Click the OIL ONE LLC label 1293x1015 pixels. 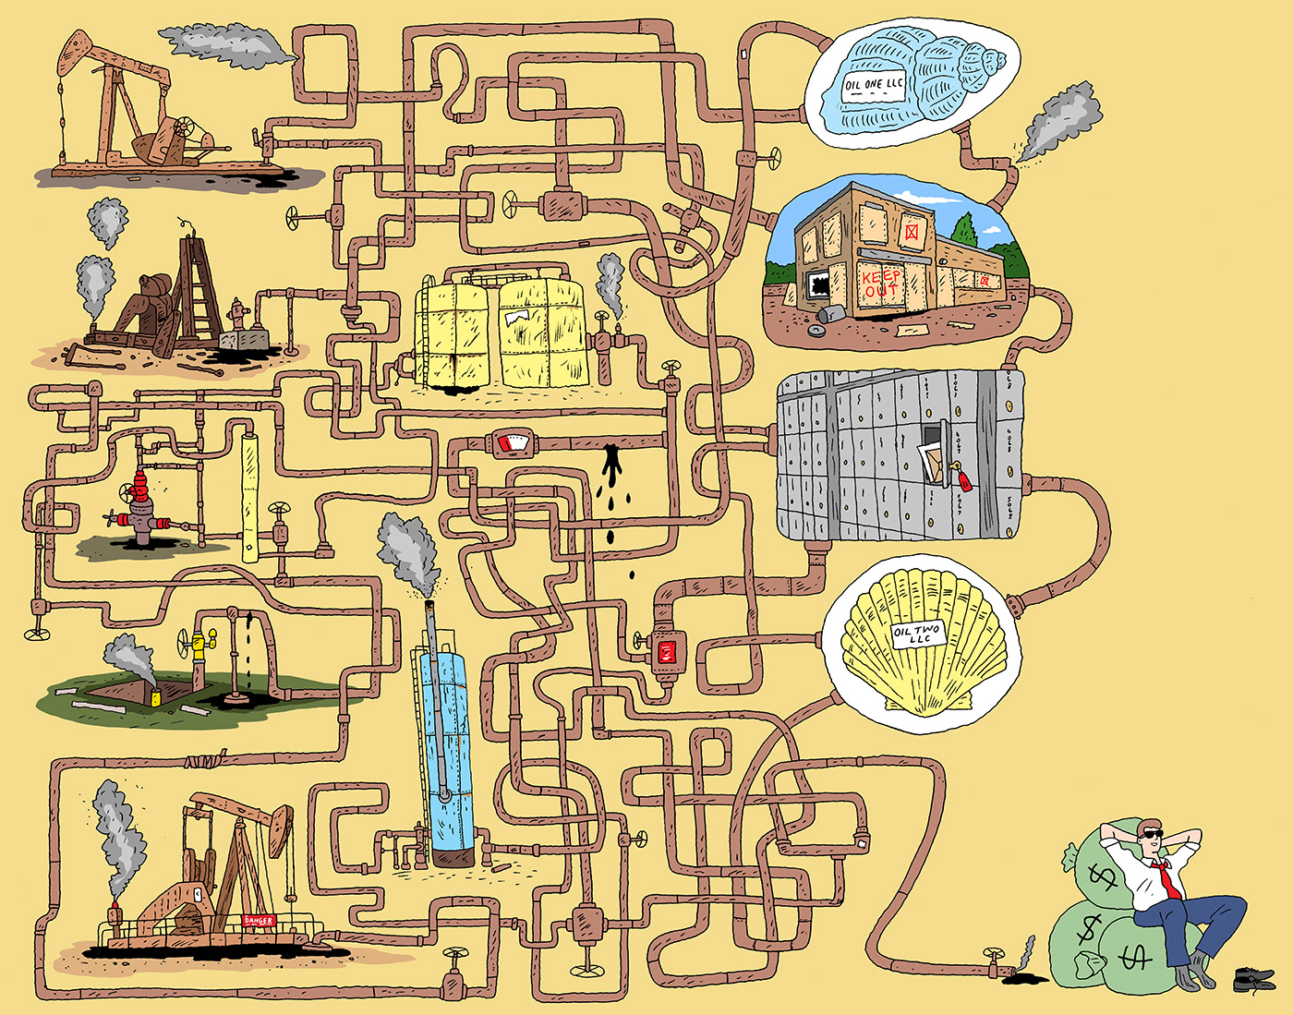click(874, 87)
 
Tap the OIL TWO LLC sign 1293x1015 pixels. click(917, 635)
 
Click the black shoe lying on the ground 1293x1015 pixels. click(1254, 977)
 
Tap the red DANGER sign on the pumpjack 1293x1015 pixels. click(259, 921)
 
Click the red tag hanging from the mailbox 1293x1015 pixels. click(963, 480)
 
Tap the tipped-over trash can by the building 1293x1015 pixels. click(828, 316)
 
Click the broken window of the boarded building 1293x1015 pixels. click(818, 282)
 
